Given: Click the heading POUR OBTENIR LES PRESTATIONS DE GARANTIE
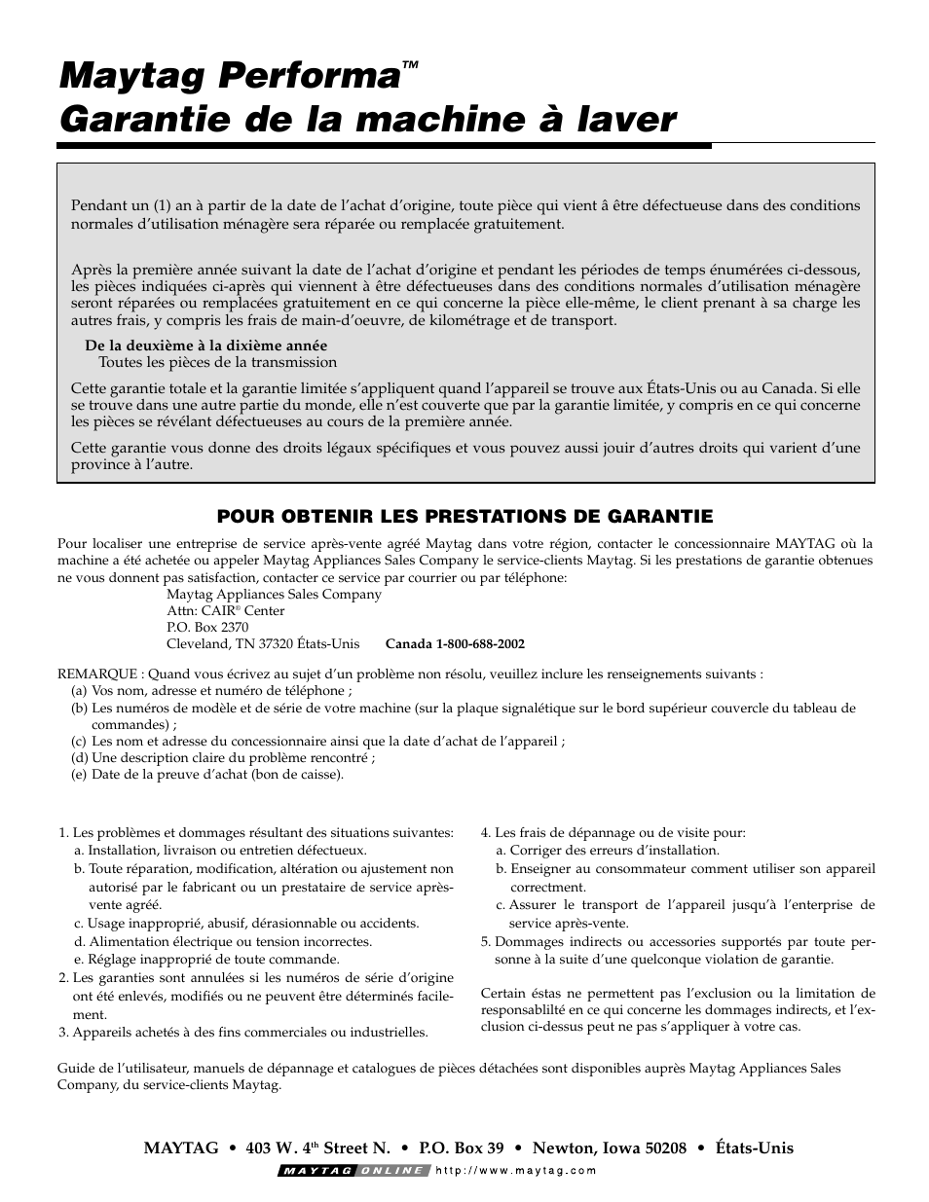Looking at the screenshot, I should coord(464,516).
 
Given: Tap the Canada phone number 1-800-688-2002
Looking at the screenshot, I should coord(455,644).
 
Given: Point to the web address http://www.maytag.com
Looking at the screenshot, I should coord(515,1171).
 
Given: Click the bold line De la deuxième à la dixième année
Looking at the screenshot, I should coord(205,346).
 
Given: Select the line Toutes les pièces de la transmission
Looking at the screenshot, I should coord(217,362).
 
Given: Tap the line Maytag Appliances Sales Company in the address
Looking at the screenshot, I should coord(274,594).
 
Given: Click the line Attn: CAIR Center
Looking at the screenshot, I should coord(225,611).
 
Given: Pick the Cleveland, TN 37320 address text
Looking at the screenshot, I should coord(263,644).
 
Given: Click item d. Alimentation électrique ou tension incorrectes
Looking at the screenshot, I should coord(223,941).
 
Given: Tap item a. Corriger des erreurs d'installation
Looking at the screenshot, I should coord(608,850).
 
